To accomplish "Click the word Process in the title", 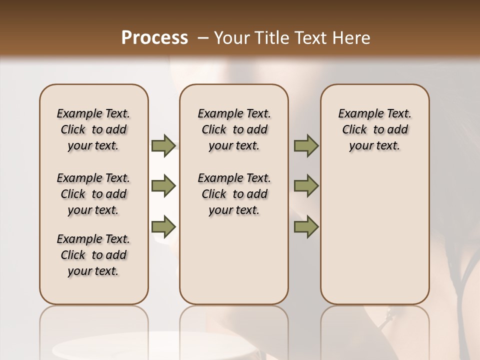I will coord(154,38).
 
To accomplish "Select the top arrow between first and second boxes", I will coord(163,145).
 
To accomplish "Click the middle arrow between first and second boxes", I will coord(163,186).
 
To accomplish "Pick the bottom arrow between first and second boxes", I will coord(163,227).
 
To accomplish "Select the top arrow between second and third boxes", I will coord(306,145).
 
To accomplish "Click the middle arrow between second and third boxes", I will coord(306,186).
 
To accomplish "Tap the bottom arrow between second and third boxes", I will coord(306,227).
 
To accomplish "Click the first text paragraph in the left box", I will coord(93,129).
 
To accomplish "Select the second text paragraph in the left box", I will coord(93,194).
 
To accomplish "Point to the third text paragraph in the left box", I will coord(93,255).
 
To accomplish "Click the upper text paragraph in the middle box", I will coord(234,129).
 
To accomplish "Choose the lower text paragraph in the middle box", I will coord(234,194).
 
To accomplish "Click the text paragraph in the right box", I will coord(374,129).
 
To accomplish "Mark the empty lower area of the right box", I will coord(374,235).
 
